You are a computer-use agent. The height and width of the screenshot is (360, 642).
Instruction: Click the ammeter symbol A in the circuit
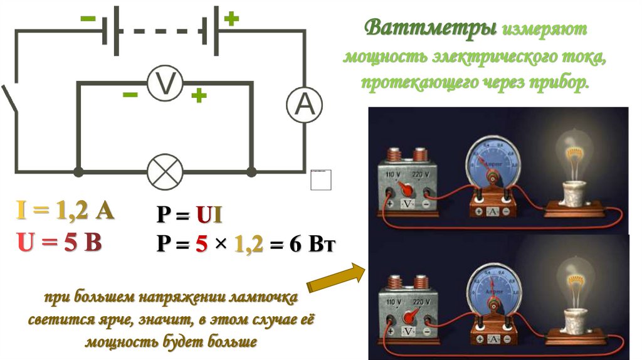click(x=304, y=105)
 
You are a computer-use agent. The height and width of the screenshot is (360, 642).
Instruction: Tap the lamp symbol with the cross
click(x=165, y=171)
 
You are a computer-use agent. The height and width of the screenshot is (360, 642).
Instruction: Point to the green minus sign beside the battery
click(x=88, y=19)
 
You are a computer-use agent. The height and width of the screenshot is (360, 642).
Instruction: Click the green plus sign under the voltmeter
click(x=199, y=96)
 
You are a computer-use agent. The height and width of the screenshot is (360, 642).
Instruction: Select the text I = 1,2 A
click(x=65, y=212)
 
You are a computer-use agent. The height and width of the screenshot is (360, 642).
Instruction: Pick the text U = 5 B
click(x=60, y=241)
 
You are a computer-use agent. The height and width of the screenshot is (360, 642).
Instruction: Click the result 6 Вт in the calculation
click(x=313, y=244)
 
